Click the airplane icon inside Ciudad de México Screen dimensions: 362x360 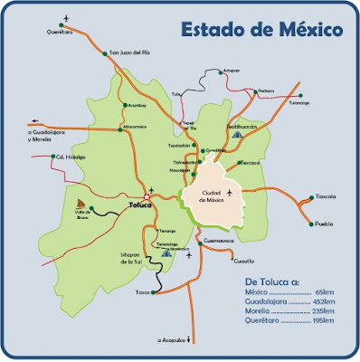coord(232,193)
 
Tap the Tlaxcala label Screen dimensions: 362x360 coord(325,195)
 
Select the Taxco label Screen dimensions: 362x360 coord(141,293)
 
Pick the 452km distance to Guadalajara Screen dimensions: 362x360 coord(322,302)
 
